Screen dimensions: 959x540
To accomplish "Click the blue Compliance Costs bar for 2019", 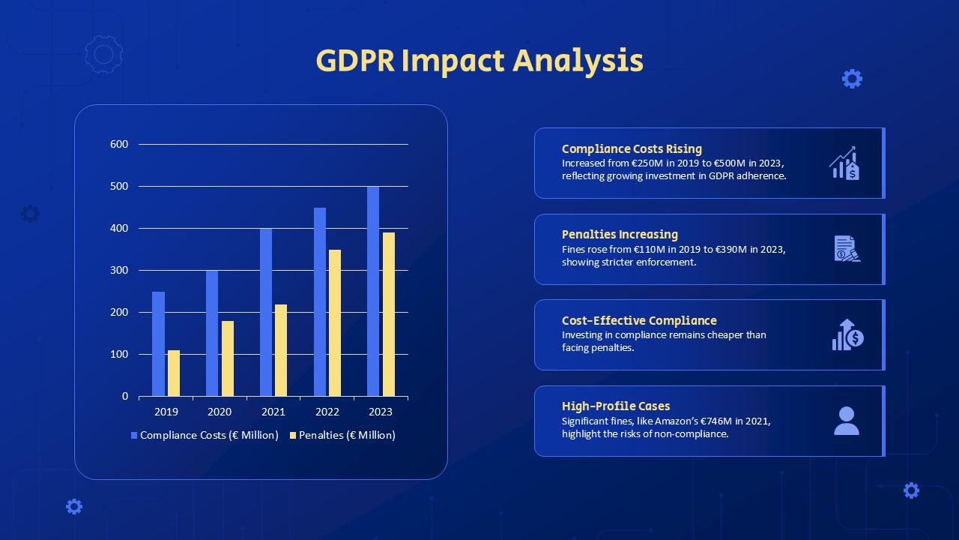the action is click(158, 343).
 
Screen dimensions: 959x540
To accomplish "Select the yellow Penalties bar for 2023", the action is click(389, 314).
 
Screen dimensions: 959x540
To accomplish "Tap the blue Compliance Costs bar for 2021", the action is click(266, 313).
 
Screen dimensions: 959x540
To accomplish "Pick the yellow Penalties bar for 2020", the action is click(228, 358).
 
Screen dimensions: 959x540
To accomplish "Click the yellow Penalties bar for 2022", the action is click(335, 322).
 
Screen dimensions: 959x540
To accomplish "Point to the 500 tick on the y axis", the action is click(119, 187).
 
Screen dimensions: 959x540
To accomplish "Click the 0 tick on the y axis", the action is click(125, 397).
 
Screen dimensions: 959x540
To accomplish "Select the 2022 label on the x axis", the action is click(327, 412).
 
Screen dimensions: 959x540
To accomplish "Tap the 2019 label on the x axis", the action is click(166, 412).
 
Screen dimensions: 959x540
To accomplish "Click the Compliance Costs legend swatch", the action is click(134, 436).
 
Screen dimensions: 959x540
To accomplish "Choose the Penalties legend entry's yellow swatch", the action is click(293, 436).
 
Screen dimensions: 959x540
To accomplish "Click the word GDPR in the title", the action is click(355, 61).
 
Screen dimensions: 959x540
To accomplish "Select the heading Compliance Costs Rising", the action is click(632, 148).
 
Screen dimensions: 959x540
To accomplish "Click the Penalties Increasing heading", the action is click(620, 235).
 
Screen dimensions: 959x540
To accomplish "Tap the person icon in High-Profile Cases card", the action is click(847, 421).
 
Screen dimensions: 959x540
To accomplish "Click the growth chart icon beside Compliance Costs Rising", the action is click(844, 163).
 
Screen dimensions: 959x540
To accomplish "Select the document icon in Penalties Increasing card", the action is click(847, 248).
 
